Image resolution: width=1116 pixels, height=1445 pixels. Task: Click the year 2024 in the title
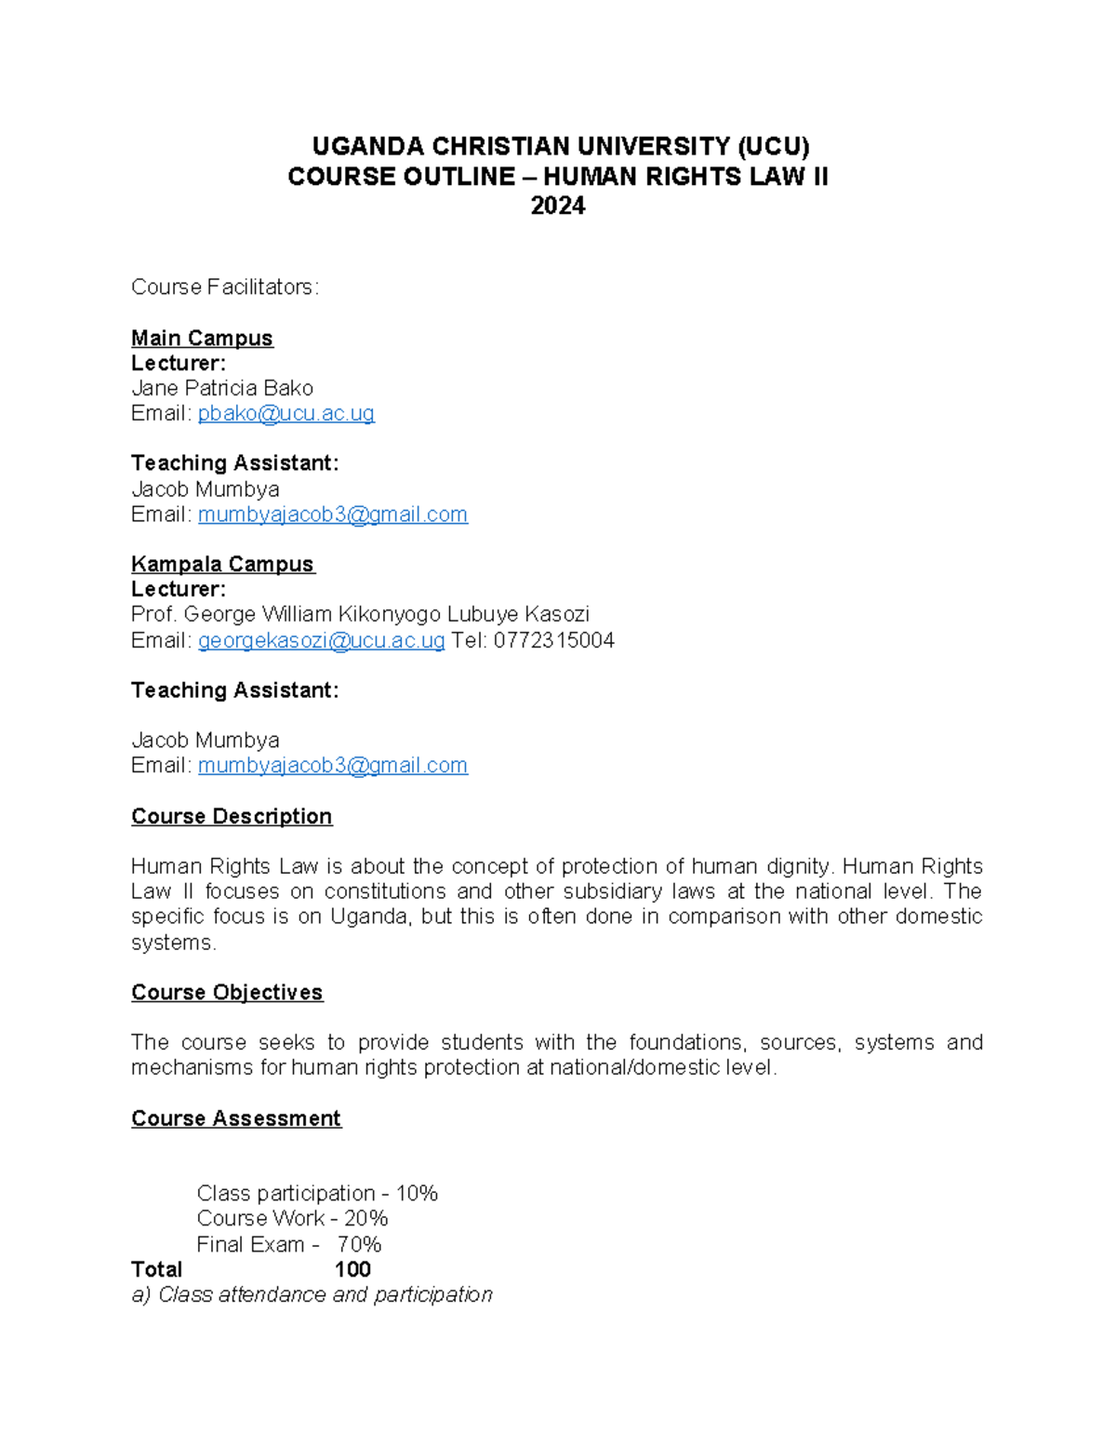click(557, 206)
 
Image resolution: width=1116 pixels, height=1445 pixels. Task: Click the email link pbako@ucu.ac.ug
click(286, 413)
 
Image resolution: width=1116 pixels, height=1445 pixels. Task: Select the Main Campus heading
click(202, 338)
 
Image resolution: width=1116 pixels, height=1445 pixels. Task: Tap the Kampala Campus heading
click(223, 564)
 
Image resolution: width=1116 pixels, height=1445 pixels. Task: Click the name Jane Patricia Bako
click(222, 388)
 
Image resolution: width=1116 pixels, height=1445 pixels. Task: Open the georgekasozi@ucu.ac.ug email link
click(321, 640)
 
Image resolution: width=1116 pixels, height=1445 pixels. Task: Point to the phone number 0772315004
click(553, 640)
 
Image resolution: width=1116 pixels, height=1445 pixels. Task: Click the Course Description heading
click(232, 816)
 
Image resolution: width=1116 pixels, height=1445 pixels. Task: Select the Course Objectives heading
click(227, 992)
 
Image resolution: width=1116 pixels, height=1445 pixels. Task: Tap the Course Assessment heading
click(236, 1117)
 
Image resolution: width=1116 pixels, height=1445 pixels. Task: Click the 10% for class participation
click(417, 1193)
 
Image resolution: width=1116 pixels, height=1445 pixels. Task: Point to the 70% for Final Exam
click(359, 1244)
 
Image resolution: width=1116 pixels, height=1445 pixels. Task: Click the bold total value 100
click(352, 1269)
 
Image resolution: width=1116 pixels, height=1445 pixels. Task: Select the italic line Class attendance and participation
click(312, 1294)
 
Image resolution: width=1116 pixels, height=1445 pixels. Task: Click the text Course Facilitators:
click(225, 287)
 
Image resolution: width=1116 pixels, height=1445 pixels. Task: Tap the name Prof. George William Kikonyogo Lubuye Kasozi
click(360, 614)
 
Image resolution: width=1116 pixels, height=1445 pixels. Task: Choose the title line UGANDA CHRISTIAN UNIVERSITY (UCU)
click(560, 146)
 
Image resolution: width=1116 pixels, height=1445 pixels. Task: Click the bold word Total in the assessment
click(156, 1269)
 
